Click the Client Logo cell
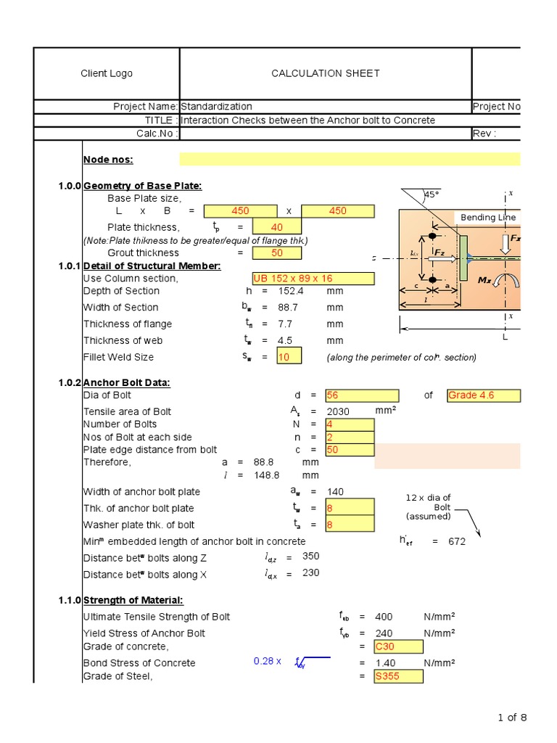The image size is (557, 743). pyautogui.click(x=107, y=73)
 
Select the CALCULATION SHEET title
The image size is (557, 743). pyautogui.click(x=325, y=73)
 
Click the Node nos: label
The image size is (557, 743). pyautogui.click(x=108, y=160)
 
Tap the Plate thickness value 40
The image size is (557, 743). pyautogui.click(x=276, y=227)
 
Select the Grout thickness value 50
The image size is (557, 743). pyautogui.click(x=276, y=253)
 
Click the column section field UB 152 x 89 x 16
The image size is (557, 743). pyautogui.click(x=313, y=279)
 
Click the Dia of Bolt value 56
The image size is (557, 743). pyautogui.click(x=361, y=395)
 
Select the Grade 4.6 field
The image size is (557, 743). pyautogui.click(x=483, y=395)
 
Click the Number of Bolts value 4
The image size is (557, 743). pyautogui.click(x=350, y=424)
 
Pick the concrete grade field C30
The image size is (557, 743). pyautogui.click(x=398, y=646)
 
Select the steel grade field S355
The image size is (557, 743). pyautogui.click(x=398, y=676)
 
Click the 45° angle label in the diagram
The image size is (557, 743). pyautogui.click(x=432, y=194)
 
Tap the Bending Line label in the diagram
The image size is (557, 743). pyautogui.click(x=488, y=217)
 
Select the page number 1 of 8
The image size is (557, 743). pyautogui.click(x=512, y=718)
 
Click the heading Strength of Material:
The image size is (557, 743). pyautogui.click(x=133, y=600)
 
